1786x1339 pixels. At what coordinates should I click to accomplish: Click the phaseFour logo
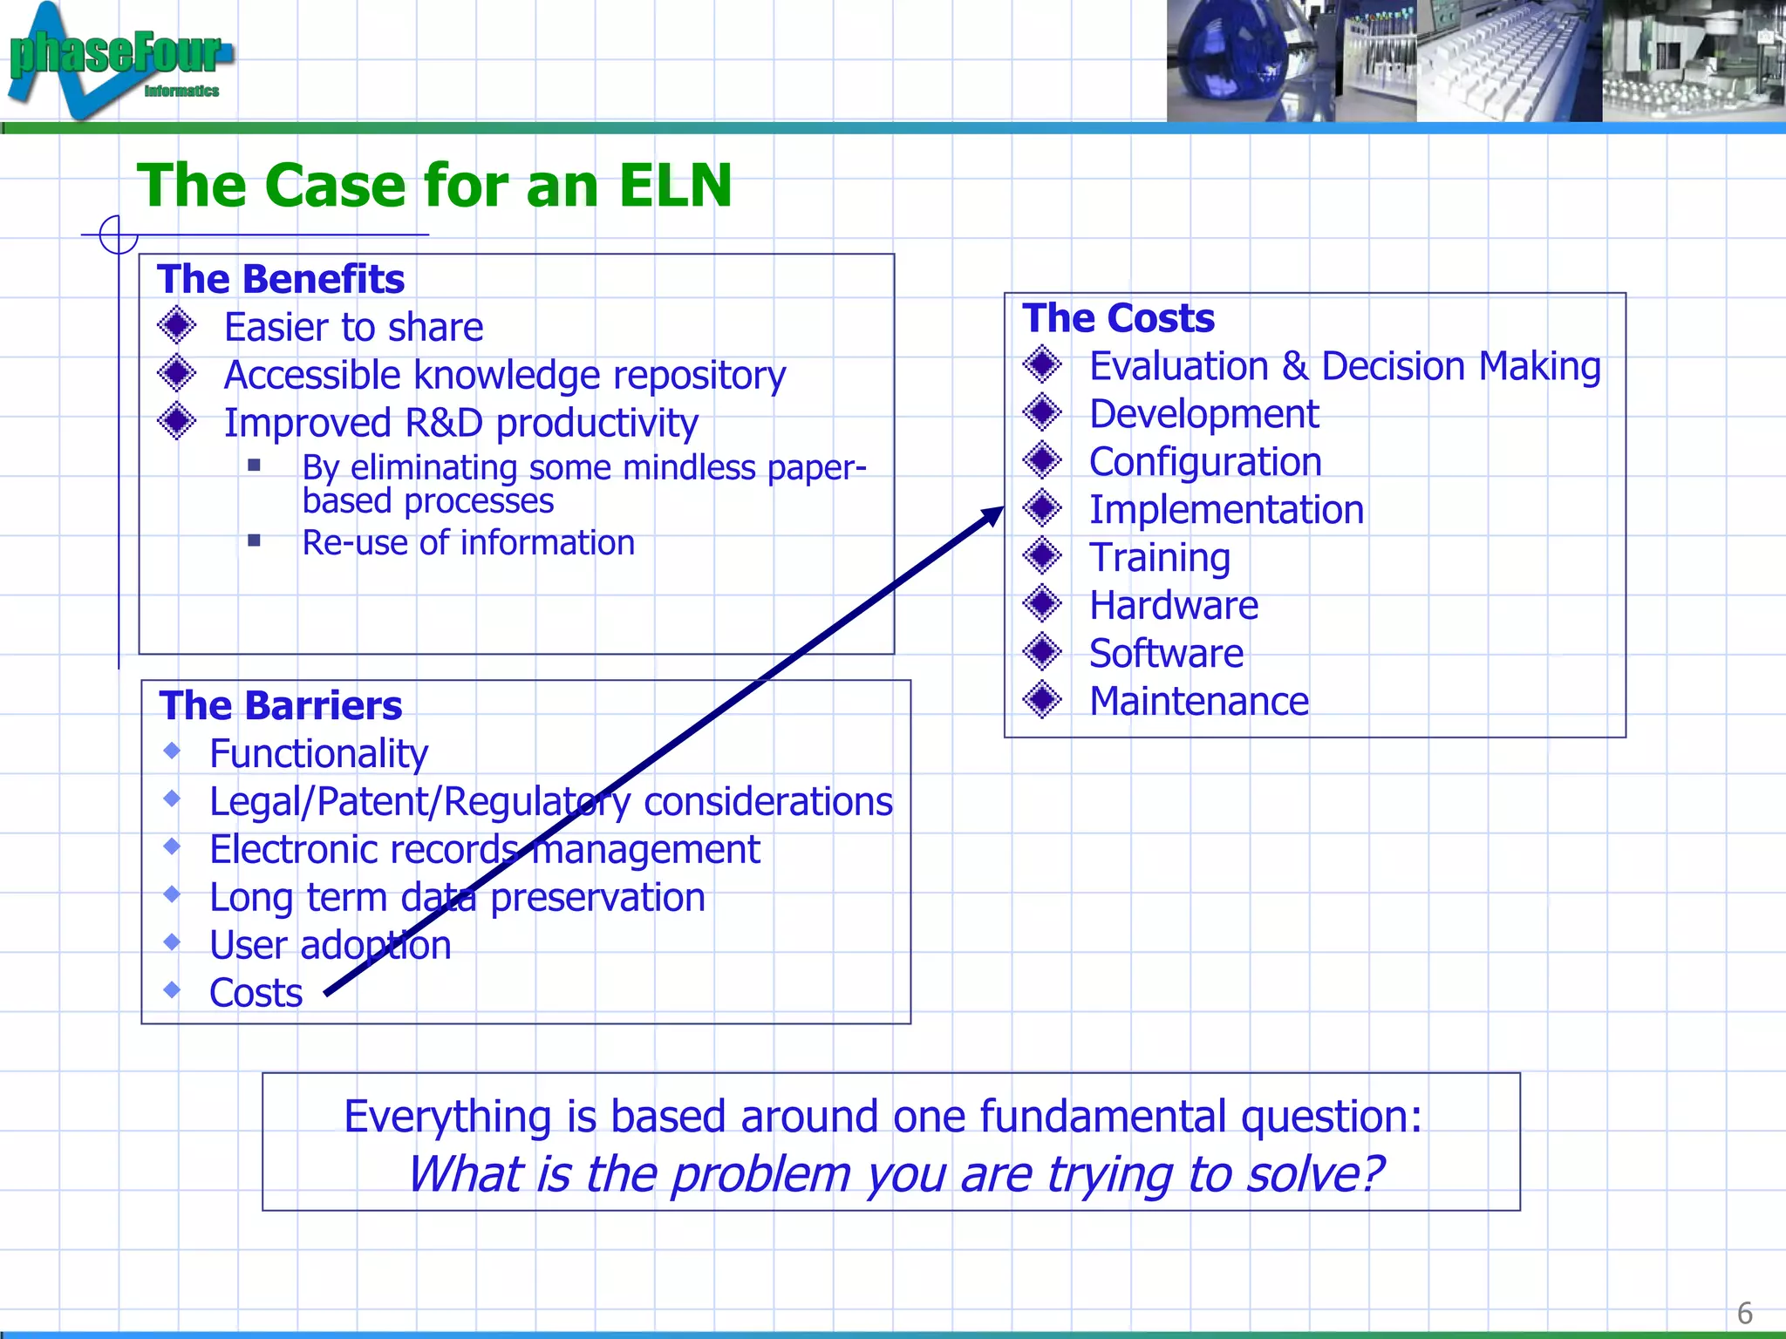(x=118, y=59)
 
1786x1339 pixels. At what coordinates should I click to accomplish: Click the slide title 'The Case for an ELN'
(x=434, y=187)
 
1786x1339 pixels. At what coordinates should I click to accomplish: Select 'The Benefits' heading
(x=281, y=280)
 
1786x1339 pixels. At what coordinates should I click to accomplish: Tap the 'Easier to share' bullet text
(x=353, y=328)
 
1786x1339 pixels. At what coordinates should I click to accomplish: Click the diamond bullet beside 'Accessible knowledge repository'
(x=177, y=374)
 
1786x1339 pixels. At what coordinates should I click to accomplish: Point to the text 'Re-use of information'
(x=468, y=543)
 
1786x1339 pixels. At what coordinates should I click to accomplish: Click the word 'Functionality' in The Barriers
(x=318, y=754)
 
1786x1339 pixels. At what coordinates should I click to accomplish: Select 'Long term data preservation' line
(x=457, y=898)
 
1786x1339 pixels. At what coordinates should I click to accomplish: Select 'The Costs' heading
(x=1118, y=318)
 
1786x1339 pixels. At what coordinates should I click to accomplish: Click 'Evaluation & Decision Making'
(x=1345, y=366)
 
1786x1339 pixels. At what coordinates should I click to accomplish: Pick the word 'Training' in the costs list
(x=1160, y=558)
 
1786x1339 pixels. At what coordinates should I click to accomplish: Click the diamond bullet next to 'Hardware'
(x=1042, y=604)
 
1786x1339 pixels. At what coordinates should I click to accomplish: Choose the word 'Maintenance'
(x=1199, y=702)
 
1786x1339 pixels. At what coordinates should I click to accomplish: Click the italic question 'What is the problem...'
(x=895, y=1174)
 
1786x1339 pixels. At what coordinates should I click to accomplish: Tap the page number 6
(x=1744, y=1313)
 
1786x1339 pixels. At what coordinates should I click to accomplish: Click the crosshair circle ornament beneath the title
(x=119, y=234)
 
